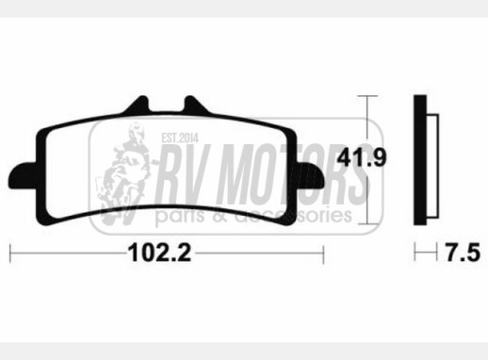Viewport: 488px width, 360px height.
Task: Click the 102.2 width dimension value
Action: click(159, 253)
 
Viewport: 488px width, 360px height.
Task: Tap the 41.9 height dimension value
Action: click(361, 157)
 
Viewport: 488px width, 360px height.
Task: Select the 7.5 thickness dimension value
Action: click(463, 253)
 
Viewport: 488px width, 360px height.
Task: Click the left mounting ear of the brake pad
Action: click(23, 175)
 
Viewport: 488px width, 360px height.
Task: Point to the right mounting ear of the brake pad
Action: click(310, 175)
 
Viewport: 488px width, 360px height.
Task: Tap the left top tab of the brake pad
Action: click(137, 105)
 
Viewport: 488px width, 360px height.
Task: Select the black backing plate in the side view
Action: click(420, 160)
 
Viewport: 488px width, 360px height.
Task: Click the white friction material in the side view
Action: click(432, 166)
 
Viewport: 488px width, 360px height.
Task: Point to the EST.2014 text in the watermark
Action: click(180, 138)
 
